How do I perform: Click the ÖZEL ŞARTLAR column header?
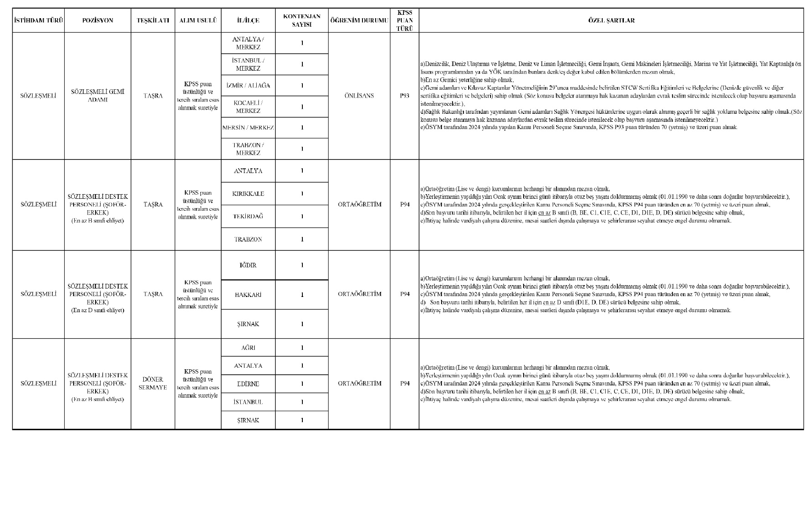click(x=611, y=20)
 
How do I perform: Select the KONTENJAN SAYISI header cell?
click(x=302, y=20)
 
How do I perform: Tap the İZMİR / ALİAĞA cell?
click(x=248, y=85)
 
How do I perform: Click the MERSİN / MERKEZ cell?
click(x=248, y=127)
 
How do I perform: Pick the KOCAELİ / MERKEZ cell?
click(x=248, y=107)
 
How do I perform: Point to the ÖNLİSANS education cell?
click(x=359, y=96)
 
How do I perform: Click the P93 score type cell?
click(x=404, y=96)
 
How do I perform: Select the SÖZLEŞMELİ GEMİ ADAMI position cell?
click(x=98, y=96)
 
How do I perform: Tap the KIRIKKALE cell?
click(x=248, y=194)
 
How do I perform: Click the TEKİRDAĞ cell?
click(x=248, y=216)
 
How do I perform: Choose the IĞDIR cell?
click(x=248, y=265)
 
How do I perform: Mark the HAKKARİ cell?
click(x=248, y=295)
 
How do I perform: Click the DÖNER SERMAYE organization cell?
click(x=153, y=383)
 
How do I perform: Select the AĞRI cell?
click(x=248, y=348)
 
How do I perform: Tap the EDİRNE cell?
click(x=248, y=384)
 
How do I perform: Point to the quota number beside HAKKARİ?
click(x=302, y=295)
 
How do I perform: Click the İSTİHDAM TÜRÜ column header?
click(x=38, y=20)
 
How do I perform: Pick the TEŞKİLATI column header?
click(x=153, y=20)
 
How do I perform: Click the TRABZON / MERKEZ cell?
click(x=248, y=149)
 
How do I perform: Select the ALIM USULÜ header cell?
click(x=198, y=20)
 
